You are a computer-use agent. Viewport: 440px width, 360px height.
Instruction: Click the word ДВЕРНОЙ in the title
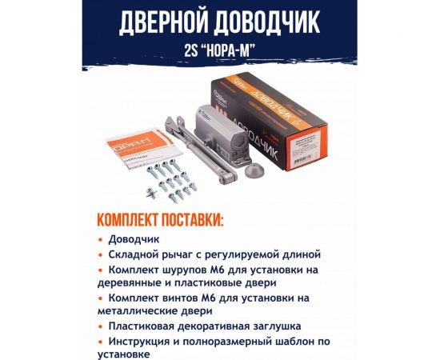pos(165,23)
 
